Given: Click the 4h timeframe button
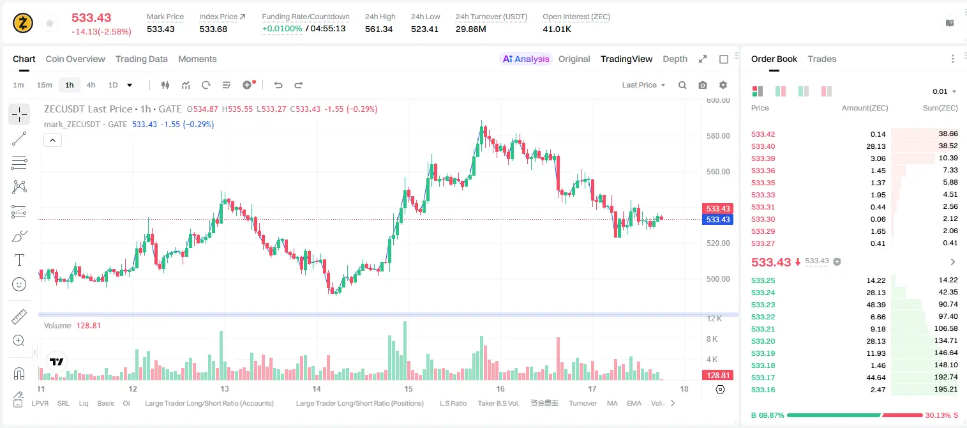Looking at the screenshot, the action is click(x=91, y=85).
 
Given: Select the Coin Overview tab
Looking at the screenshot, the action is click(x=75, y=59).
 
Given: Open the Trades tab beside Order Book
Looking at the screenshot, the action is click(x=821, y=59).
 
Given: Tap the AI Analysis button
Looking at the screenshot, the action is click(x=526, y=59).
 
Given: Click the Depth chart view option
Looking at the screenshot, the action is click(x=675, y=59).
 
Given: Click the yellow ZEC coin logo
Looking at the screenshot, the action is click(x=23, y=23).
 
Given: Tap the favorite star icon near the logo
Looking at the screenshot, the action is click(x=50, y=23).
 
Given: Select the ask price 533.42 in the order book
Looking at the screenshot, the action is click(x=763, y=134).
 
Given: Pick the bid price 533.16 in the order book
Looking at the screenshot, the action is click(x=763, y=390).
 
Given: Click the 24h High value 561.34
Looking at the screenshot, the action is click(x=379, y=29).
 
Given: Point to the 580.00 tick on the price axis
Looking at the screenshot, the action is click(x=718, y=136).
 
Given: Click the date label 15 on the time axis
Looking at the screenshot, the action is click(x=409, y=388).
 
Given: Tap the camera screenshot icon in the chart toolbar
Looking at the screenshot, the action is click(x=702, y=85).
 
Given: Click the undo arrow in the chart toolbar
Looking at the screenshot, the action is click(x=278, y=85).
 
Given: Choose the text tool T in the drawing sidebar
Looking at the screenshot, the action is click(x=19, y=260).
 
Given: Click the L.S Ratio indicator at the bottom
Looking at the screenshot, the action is click(x=453, y=403).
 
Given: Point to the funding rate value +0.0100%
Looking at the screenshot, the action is click(x=282, y=29).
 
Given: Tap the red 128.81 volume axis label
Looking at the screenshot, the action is click(x=717, y=376).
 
